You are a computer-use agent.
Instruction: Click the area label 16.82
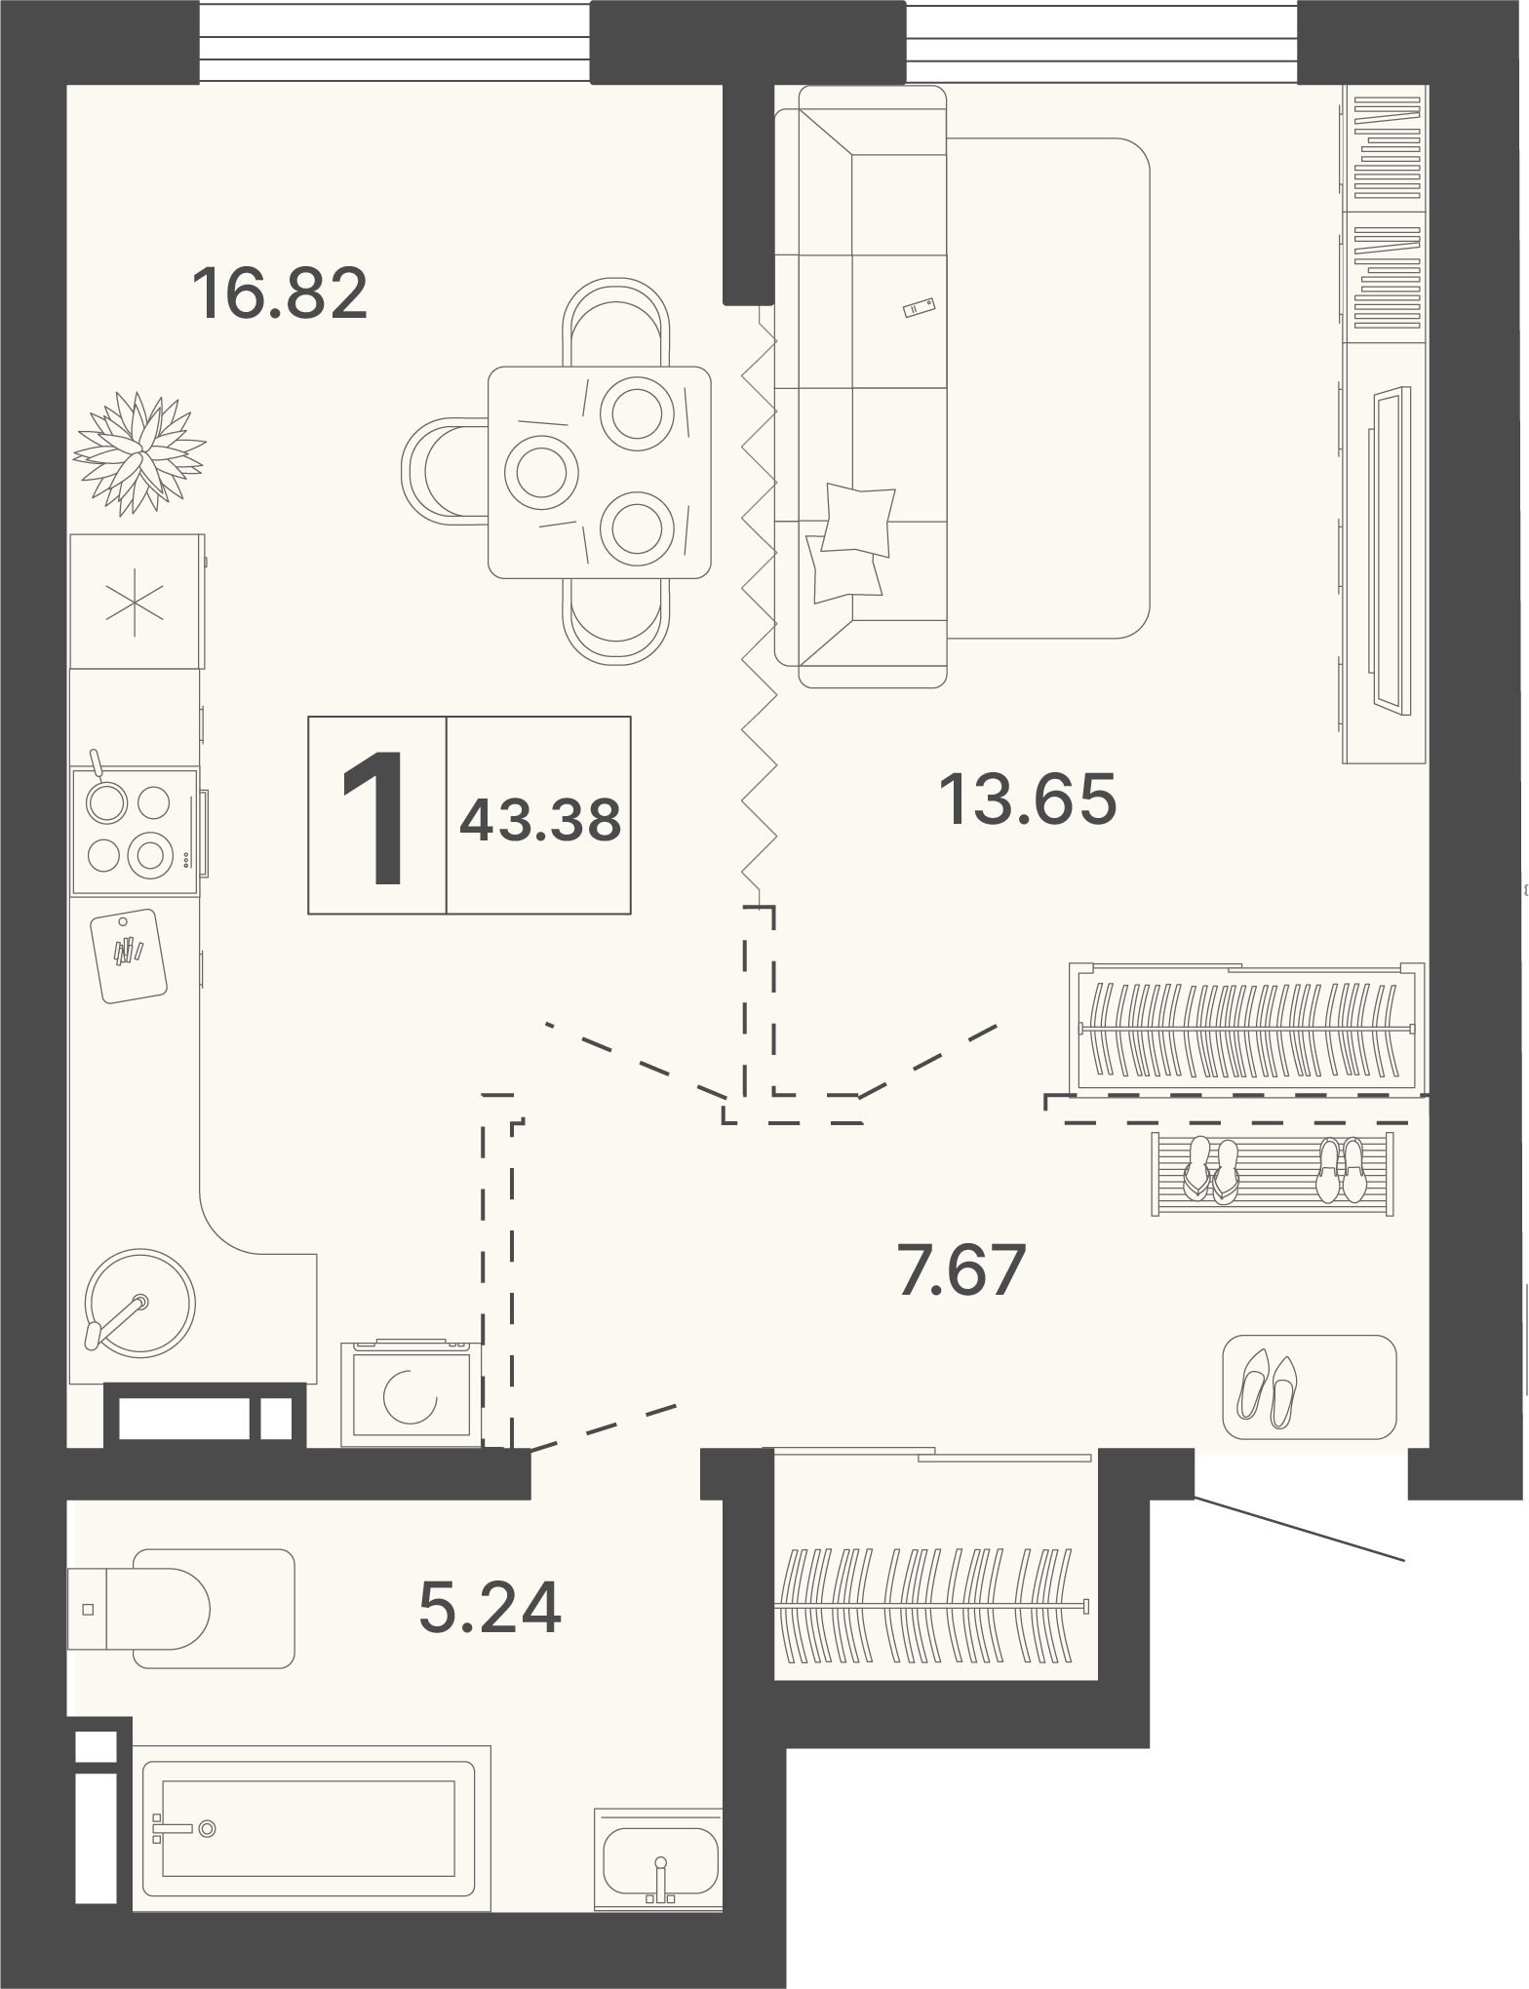[x=280, y=293]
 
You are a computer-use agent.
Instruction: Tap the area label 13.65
[x=1027, y=799]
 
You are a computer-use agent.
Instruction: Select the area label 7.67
[x=961, y=1269]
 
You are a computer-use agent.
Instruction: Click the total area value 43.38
[x=540, y=820]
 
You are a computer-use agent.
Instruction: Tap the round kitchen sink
[x=139, y=1303]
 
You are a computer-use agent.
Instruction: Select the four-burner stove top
[x=135, y=832]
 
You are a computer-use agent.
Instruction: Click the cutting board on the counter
[x=128, y=955]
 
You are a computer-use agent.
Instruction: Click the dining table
[x=599, y=472]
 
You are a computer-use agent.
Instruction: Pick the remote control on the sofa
[x=920, y=307]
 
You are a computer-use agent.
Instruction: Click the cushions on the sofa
[x=850, y=542]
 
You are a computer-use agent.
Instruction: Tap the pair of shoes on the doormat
[x=1267, y=1387]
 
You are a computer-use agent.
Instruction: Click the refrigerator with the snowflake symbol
[x=137, y=601]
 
